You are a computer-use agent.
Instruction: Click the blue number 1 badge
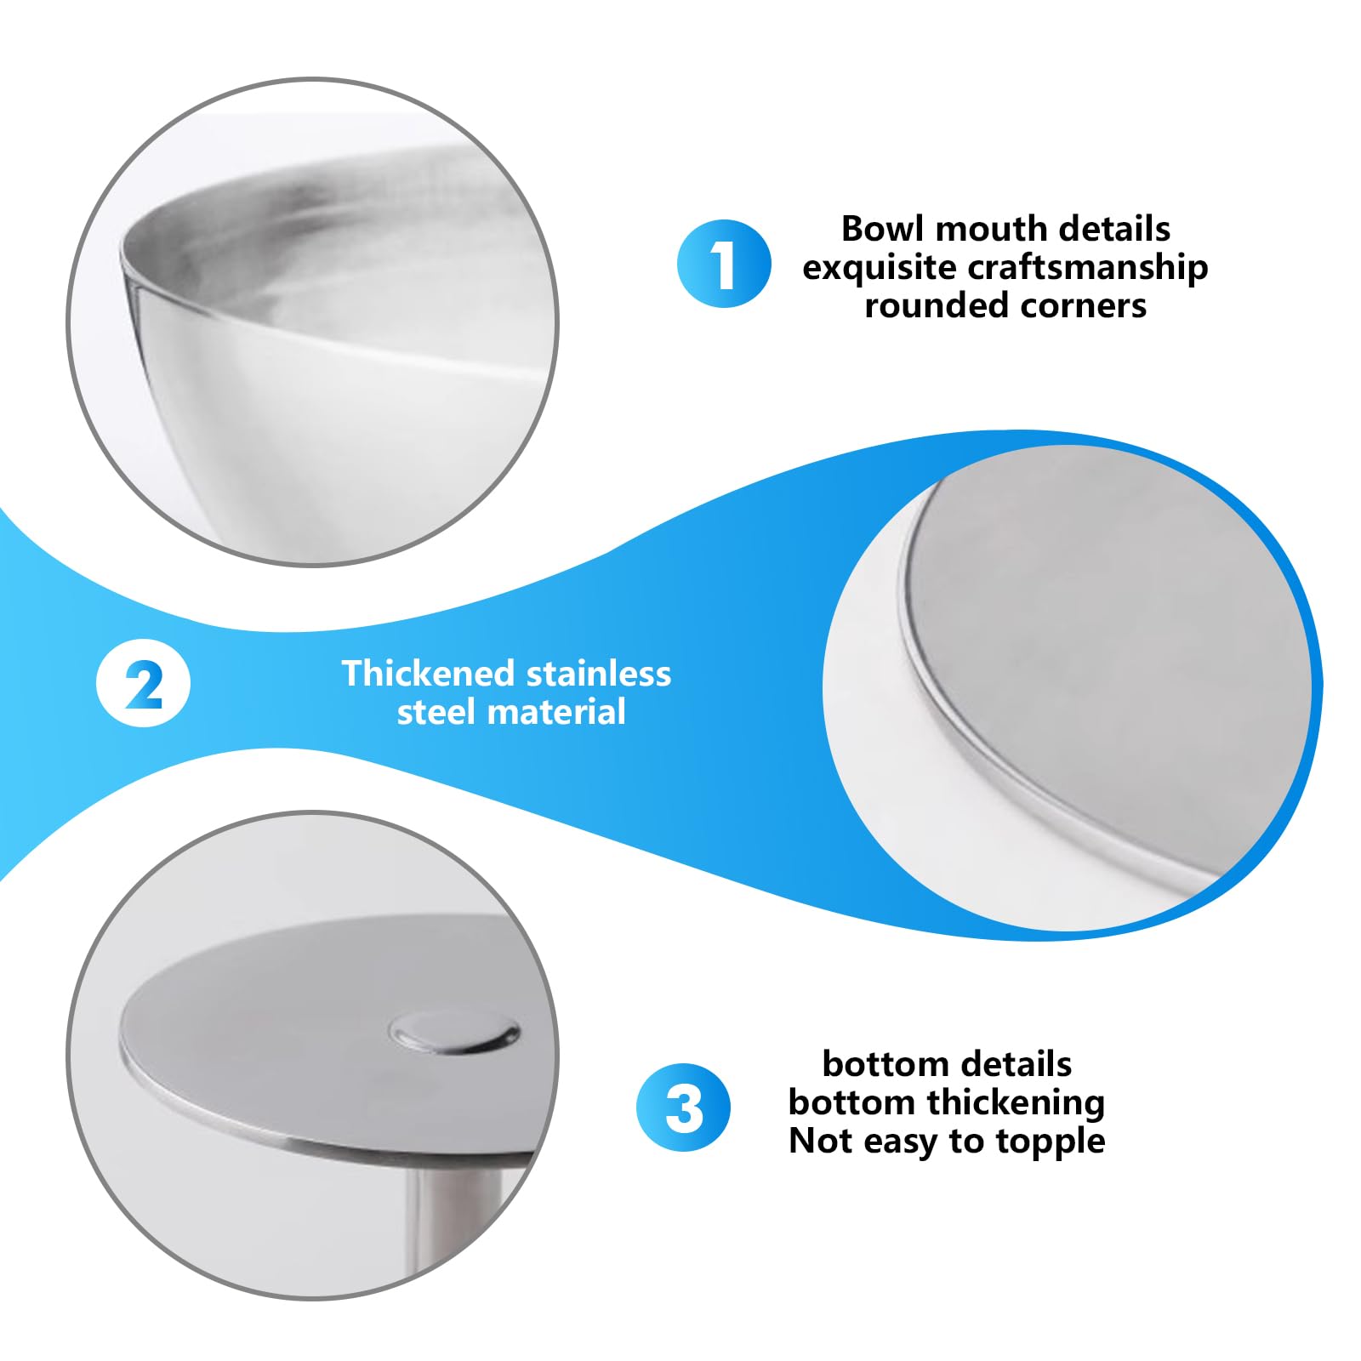pos(724,263)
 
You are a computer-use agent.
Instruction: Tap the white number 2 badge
pos(143,683)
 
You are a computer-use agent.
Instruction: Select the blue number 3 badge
pos(683,1108)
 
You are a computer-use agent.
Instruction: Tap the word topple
pos(1051,1142)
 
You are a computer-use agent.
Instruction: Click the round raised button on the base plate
pos(455,1033)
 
